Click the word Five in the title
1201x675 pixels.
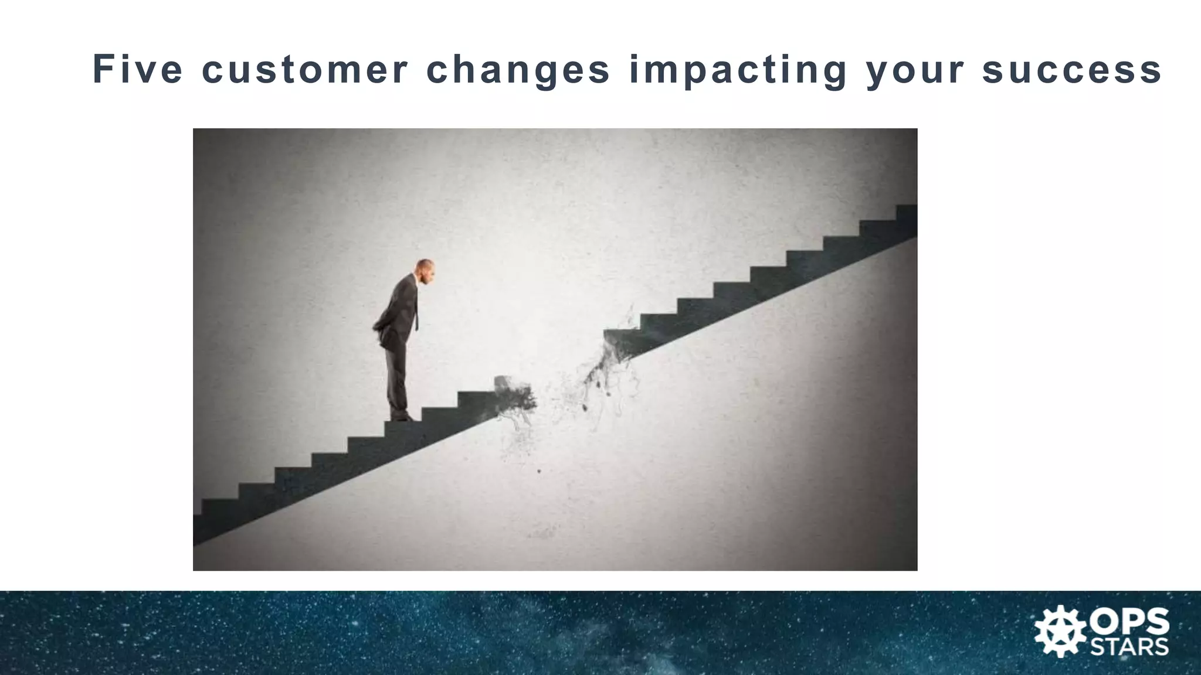138,69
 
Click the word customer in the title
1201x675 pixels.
304,69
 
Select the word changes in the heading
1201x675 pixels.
518,70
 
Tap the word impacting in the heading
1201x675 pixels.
738,70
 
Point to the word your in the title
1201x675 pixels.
915,70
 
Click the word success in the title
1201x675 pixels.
1072,69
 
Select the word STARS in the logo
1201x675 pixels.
1129,647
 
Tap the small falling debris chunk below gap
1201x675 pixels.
539,471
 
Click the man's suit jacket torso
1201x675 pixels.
402,311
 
